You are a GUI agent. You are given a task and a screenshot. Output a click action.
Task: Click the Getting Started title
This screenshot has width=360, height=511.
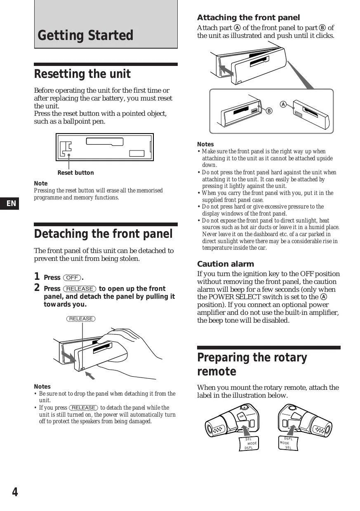pyautogui.click(x=85, y=35)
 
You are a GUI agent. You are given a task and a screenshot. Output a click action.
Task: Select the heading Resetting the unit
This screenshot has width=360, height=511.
pyautogui.click(x=82, y=74)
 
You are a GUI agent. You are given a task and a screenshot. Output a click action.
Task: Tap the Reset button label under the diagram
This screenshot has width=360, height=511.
pyautogui.click(x=75, y=173)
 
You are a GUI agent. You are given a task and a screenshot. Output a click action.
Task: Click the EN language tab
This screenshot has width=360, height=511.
pyautogui.click(x=12, y=203)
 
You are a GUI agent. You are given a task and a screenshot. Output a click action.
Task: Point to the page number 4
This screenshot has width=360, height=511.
pyautogui.click(x=15, y=492)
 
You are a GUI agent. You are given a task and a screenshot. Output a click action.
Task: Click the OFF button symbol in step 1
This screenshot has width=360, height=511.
pyautogui.click(x=72, y=278)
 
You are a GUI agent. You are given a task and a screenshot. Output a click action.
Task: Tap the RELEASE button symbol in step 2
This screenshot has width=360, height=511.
pyautogui.click(x=80, y=289)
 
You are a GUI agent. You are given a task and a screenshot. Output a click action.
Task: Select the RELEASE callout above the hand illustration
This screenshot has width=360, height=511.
pyautogui.click(x=81, y=319)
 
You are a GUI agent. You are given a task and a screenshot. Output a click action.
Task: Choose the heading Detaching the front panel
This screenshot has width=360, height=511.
pyautogui.click(x=103, y=234)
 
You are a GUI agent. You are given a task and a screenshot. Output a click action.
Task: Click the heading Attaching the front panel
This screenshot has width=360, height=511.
pyautogui.click(x=248, y=18)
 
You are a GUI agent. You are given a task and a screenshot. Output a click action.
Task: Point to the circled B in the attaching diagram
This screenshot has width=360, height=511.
pyautogui.click(x=269, y=111)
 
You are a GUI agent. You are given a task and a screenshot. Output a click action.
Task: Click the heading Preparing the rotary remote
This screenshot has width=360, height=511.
pyautogui.click(x=252, y=364)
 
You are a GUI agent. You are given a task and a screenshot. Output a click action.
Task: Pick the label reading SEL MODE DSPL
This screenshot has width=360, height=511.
pyautogui.click(x=249, y=443)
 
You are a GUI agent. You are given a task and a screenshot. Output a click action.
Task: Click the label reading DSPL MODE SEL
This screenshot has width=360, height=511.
pyautogui.click(x=287, y=443)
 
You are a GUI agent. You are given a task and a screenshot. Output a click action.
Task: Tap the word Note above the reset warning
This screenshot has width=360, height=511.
pyautogui.click(x=40, y=183)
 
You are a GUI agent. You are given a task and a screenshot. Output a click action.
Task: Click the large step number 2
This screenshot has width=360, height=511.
pyautogui.click(x=37, y=288)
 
